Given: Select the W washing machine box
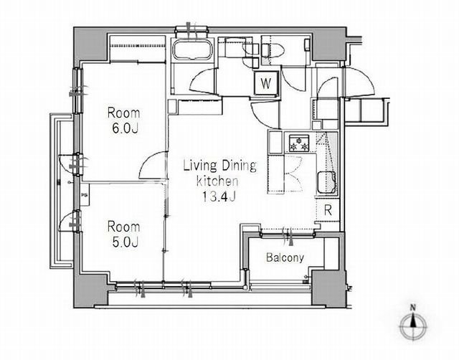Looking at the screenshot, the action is [x=266, y=83].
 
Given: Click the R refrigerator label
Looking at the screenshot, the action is [x=328, y=210].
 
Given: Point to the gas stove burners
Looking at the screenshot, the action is [x=299, y=143].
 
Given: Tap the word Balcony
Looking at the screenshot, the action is [x=285, y=257].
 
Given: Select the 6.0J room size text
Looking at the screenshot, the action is [x=125, y=128].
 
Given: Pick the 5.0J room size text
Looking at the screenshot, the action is [x=125, y=242].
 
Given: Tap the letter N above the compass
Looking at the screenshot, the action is [x=413, y=308].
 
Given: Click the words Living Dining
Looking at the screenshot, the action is [x=220, y=166].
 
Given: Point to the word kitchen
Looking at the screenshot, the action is [x=217, y=181].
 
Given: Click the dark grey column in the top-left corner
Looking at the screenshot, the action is [x=90, y=44].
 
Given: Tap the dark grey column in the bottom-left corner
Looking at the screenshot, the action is [x=91, y=291].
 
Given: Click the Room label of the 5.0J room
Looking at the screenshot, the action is [x=123, y=227].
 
